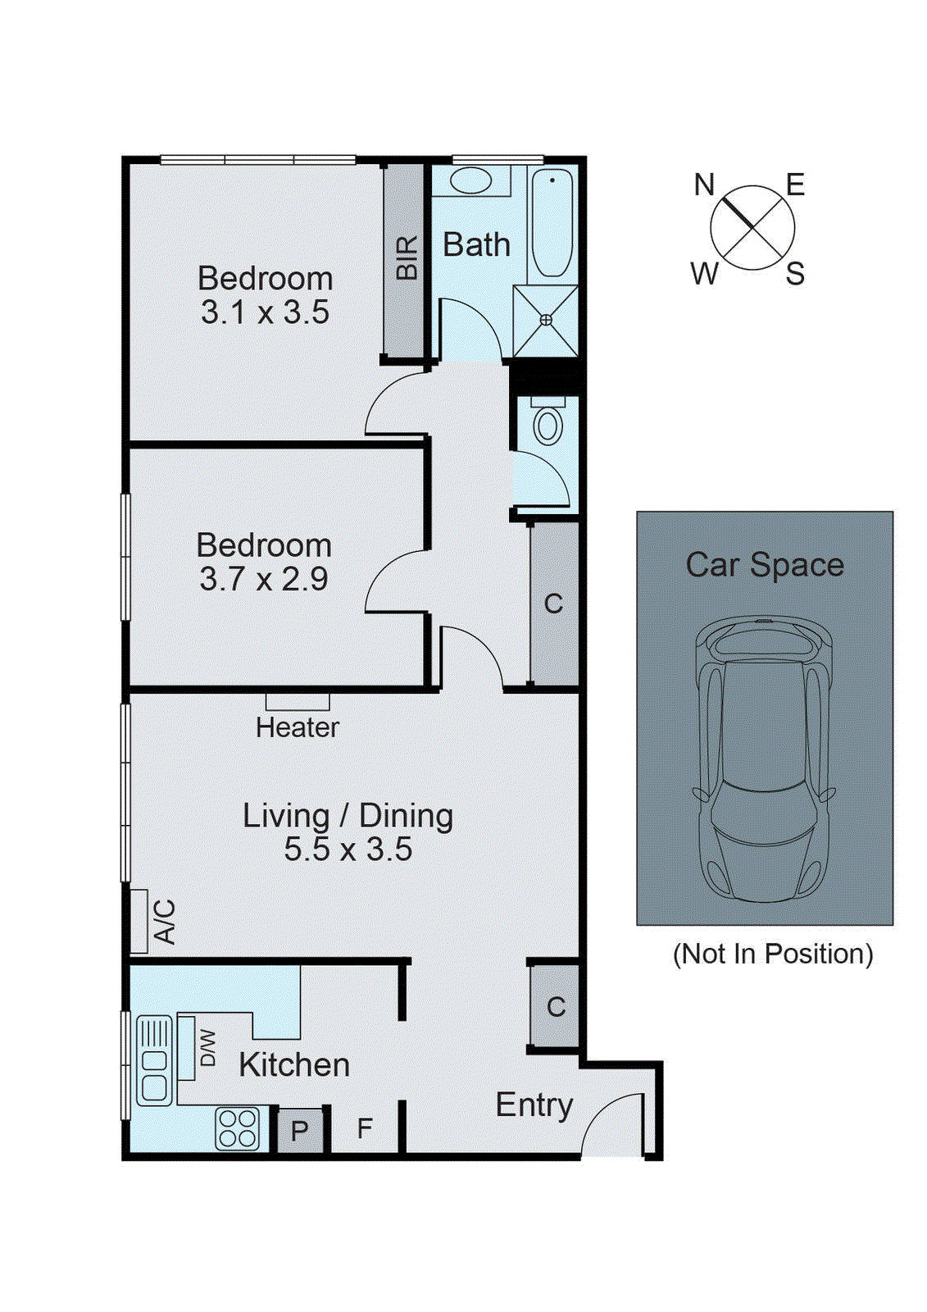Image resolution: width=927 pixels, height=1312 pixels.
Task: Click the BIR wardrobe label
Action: click(407, 258)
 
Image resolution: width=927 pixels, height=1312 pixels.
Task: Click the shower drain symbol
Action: click(546, 320)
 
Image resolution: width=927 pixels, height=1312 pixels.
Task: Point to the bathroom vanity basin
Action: click(470, 180)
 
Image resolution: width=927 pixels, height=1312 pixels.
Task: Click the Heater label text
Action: click(297, 727)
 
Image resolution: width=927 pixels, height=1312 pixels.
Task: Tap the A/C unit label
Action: click(165, 922)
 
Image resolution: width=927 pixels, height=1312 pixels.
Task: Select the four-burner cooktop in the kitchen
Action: click(238, 1128)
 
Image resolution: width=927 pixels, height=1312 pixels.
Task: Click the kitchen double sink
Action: click(154, 1060)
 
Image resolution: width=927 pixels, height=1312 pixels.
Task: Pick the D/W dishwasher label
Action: click(208, 1048)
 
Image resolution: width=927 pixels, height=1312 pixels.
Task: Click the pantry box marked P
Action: click(299, 1131)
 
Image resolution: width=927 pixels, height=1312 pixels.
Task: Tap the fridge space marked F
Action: click(365, 1129)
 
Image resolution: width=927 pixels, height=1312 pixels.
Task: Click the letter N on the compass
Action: click(704, 185)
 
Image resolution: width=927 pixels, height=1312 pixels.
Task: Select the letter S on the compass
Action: click(794, 275)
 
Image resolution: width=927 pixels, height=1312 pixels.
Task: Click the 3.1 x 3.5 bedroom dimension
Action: click(265, 312)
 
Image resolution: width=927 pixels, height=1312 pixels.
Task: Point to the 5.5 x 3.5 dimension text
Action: click(348, 850)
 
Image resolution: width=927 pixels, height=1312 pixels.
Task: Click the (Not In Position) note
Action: click(772, 954)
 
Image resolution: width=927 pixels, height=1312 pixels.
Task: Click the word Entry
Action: click(534, 1105)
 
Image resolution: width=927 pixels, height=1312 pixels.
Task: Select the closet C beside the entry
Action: click(556, 1006)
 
